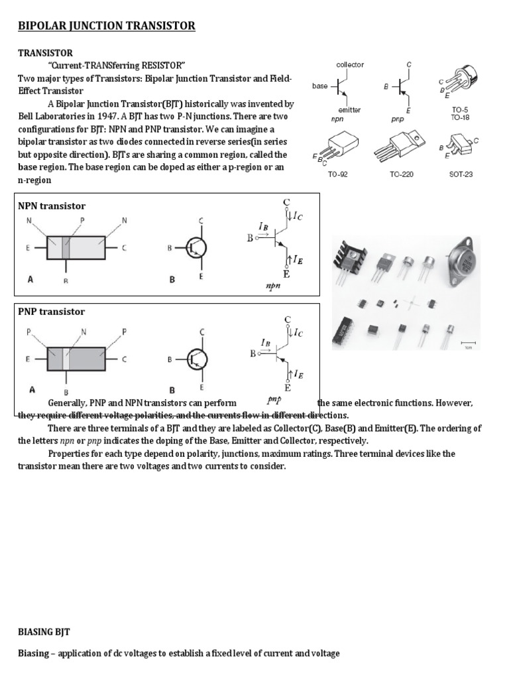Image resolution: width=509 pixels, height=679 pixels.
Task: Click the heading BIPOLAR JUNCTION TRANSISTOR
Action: (x=107, y=26)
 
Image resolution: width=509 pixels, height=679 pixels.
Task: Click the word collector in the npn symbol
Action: (x=350, y=64)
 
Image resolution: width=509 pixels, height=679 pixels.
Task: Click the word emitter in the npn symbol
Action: (x=349, y=109)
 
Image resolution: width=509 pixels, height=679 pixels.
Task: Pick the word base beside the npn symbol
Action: (x=320, y=86)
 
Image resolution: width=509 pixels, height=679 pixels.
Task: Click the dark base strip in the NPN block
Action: (x=66, y=247)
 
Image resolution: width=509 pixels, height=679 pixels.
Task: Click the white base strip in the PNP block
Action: (x=66, y=359)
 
